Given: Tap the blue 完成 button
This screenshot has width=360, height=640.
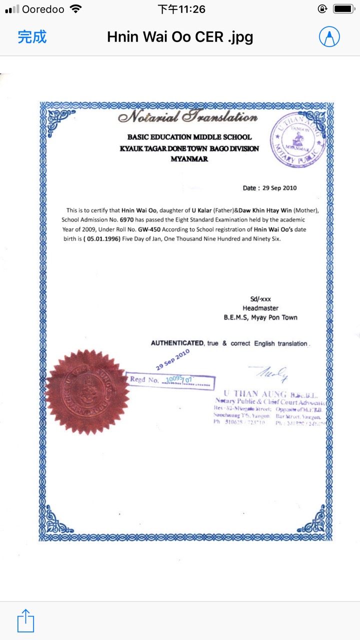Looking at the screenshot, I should click(32, 36).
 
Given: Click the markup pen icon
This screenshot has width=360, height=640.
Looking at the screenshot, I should click(329, 36).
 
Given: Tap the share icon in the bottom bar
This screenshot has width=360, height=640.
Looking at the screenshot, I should click(25, 620).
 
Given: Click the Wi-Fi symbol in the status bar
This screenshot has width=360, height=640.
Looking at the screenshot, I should click(75, 9).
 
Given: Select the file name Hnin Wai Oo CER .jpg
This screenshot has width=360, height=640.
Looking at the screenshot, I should click(180, 36).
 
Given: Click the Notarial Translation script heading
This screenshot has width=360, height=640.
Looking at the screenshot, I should click(188, 117).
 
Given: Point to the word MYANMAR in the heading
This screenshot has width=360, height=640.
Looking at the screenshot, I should click(189, 159).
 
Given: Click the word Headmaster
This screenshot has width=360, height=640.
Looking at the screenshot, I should click(260, 308).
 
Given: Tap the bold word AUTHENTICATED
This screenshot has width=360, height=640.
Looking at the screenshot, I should click(177, 343).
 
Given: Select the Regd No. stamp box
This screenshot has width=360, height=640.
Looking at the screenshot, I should click(170, 380).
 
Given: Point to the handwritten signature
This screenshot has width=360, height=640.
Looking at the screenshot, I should click(272, 372).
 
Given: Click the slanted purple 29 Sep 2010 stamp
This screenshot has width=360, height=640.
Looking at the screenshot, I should click(172, 359).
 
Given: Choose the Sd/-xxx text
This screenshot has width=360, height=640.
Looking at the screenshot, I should click(260, 299).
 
